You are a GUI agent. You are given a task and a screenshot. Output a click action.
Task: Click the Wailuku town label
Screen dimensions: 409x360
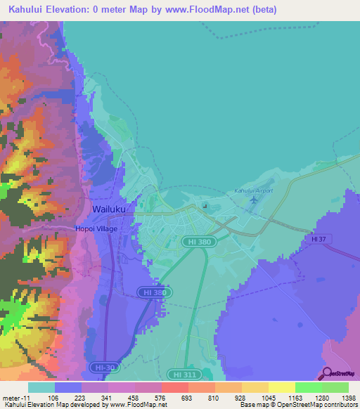tap(109, 209)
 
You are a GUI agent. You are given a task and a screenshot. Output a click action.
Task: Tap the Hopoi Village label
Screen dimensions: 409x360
tap(96, 228)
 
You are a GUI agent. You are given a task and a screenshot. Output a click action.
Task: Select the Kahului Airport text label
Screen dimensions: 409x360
tap(253, 190)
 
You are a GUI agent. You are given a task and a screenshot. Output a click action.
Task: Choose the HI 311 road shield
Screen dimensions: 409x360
tap(183, 375)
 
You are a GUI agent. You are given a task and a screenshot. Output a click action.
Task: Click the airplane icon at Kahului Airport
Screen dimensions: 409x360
tap(253, 200)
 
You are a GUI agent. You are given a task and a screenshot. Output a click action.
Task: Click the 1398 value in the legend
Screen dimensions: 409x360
tap(348, 397)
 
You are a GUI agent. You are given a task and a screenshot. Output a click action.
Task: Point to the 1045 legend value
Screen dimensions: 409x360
tap(267, 397)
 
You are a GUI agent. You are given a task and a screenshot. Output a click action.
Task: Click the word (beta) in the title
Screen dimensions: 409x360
tap(262, 10)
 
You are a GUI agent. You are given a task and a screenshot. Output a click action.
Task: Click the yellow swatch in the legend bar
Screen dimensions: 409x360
tap(281, 387)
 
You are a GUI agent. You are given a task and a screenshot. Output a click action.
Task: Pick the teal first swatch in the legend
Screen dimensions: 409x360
tap(41, 387)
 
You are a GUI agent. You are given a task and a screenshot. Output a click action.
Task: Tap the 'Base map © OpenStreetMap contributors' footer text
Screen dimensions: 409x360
tap(298, 405)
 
